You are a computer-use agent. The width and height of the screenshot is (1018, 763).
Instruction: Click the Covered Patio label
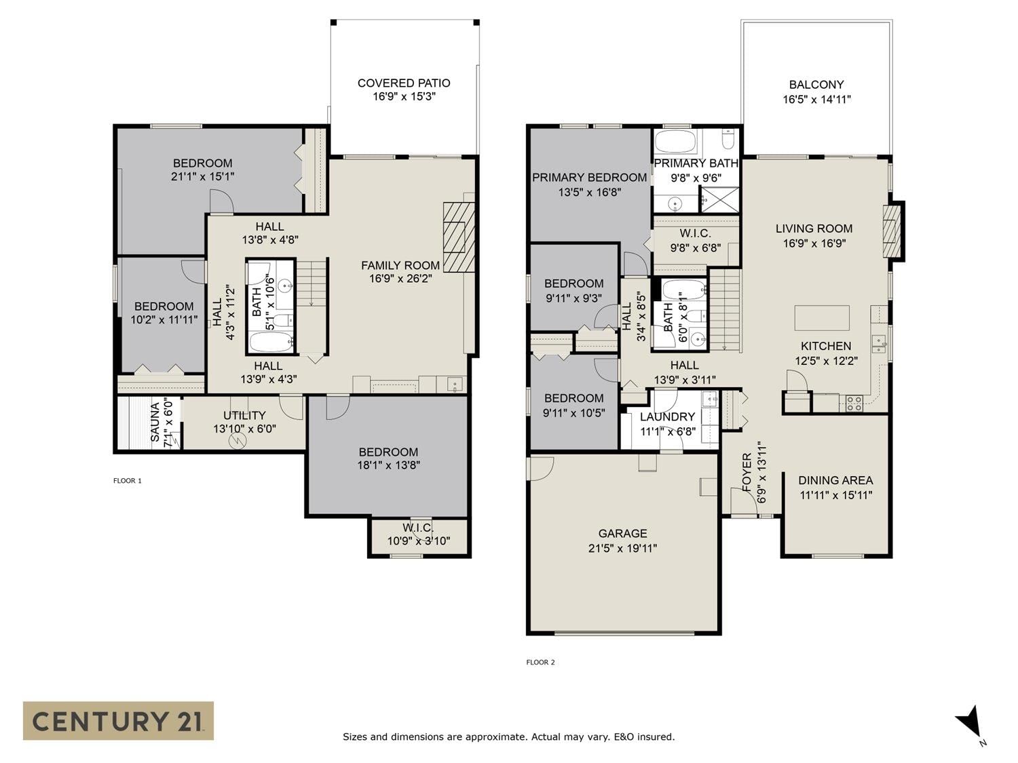[x=404, y=83]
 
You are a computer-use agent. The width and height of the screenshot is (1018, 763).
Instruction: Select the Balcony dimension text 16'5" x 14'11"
[x=816, y=99]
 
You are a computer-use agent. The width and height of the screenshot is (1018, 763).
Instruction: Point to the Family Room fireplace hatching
[x=459, y=237]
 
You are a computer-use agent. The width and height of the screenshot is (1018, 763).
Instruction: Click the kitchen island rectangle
[x=822, y=318]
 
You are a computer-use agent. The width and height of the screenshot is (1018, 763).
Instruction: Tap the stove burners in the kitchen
[x=854, y=404]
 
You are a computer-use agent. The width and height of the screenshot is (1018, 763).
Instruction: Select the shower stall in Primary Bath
[x=719, y=199]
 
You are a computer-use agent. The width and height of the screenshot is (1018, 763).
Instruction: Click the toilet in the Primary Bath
[x=728, y=139]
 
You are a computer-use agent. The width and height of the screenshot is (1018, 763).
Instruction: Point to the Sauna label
[x=155, y=422]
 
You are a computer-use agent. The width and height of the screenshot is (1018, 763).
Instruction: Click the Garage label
[x=622, y=533]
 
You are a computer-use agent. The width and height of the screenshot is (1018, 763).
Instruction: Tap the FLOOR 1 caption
[x=128, y=480]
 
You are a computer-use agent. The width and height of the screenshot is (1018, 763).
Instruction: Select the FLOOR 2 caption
[x=540, y=662]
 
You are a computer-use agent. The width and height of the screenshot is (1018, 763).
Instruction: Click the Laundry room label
[x=667, y=417]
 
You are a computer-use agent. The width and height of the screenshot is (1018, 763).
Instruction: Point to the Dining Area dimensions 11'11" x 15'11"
[x=835, y=495]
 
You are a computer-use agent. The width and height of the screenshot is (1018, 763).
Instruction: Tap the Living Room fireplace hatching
[x=891, y=231]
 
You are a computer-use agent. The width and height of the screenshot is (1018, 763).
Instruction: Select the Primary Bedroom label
[x=590, y=178]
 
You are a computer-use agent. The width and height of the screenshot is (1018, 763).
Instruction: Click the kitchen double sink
[x=879, y=343]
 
